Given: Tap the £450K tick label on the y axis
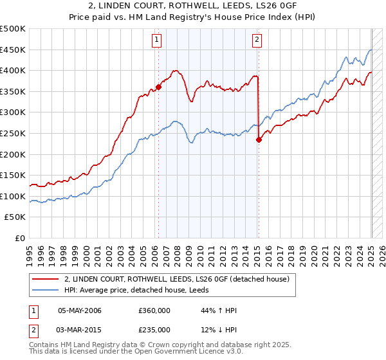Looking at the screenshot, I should coord(13,50).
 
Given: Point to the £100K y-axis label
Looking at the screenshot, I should coord(13,196).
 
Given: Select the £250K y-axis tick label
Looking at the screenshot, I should coord(13,133).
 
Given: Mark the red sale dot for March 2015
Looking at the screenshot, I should coord(259,139).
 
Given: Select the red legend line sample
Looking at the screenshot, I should coord(46,279).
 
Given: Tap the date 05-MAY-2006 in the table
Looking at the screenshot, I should coord(80,310).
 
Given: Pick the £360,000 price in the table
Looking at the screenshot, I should coord(154,310).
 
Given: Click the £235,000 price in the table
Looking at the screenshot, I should coord(154,330).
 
